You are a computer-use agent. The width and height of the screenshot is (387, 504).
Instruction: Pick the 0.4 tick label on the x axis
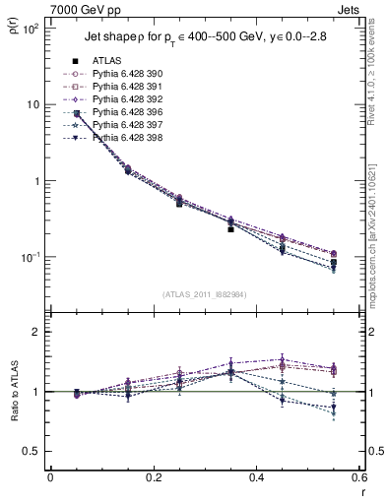(257, 480)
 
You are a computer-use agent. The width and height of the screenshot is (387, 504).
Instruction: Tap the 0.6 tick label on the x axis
(359, 480)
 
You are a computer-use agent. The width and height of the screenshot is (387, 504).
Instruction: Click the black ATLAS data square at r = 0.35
(230, 228)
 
